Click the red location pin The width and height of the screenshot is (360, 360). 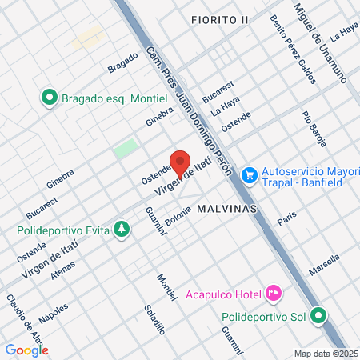pos(179,160)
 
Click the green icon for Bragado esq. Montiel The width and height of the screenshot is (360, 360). pos(49,98)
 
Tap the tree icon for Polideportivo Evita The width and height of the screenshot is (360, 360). pos(122,231)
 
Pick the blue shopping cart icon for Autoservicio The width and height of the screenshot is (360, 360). pos(250,174)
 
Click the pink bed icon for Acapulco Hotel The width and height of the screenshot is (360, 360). pos(274,294)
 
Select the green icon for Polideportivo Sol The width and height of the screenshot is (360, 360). pos(319,315)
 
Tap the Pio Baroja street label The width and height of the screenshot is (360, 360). pos(314,128)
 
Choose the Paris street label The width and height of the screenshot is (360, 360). pos(286,218)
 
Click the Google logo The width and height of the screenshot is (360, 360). pos(26,350)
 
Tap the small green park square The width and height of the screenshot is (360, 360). pos(125,149)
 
